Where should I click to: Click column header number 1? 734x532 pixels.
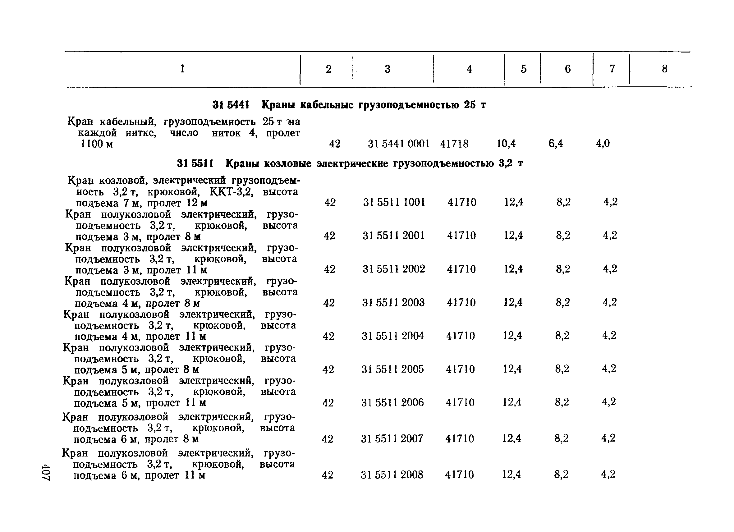(x=182, y=69)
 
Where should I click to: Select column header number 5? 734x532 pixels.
(x=523, y=69)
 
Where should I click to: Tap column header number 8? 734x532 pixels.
(x=664, y=69)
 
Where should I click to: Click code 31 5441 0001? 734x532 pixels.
(x=399, y=144)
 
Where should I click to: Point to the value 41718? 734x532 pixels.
(x=454, y=144)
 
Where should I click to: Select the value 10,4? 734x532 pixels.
(x=506, y=143)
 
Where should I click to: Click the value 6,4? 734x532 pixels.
(x=555, y=143)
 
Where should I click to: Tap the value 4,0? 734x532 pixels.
(x=603, y=143)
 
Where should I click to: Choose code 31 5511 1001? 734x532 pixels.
(x=394, y=202)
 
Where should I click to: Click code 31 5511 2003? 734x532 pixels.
(x=393, y=302)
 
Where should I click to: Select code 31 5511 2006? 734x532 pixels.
(x=392, y=402)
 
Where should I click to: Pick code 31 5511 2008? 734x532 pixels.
(x=392, y=475)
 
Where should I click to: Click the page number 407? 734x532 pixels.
(x=46, y=472)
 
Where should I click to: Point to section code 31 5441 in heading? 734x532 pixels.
(x=231, y=105)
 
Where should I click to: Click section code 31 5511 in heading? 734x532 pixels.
(x=195, y=164)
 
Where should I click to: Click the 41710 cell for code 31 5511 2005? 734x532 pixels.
(x=460, y=369)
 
